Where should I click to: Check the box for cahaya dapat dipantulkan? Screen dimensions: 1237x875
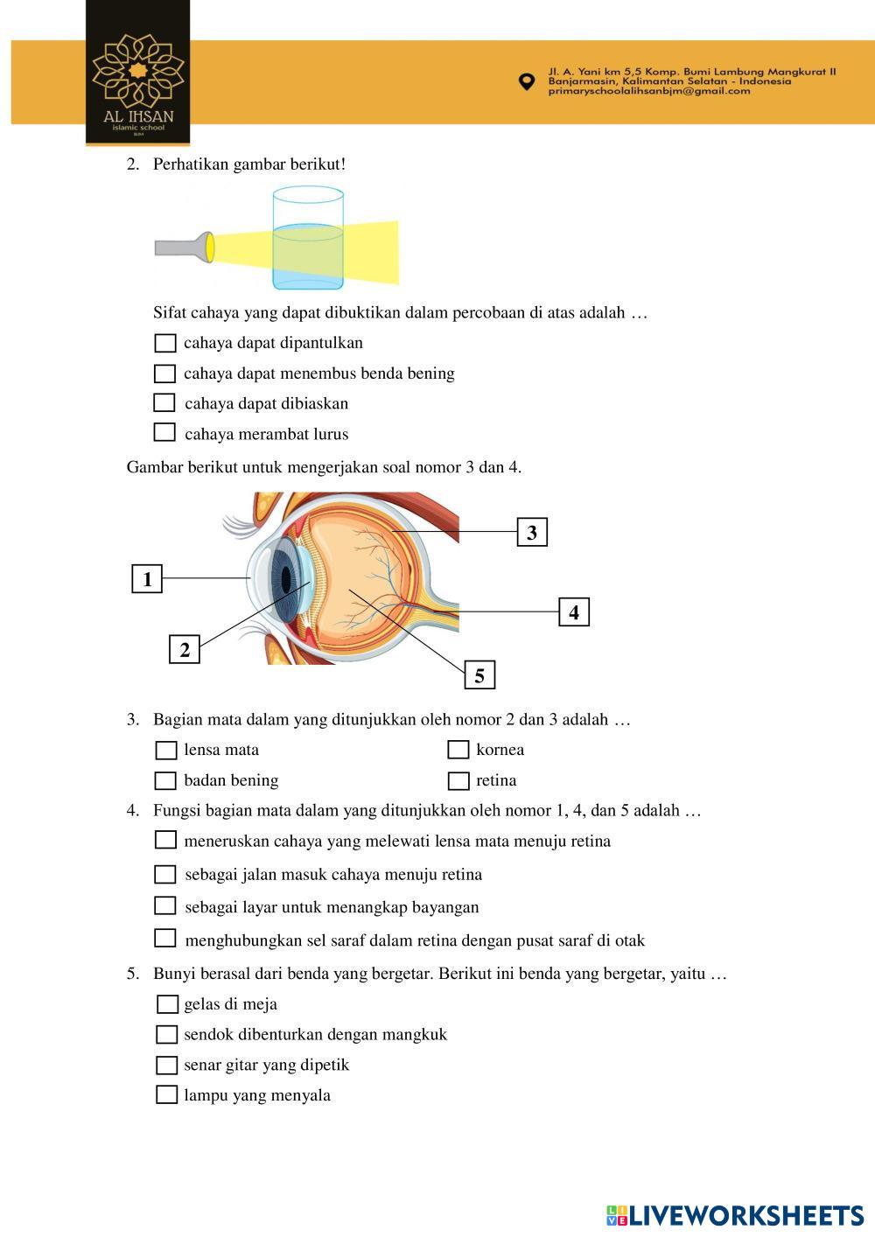164,343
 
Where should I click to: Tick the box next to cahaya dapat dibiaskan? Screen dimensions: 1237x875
164,403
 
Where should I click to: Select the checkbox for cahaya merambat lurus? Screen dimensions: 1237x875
164,432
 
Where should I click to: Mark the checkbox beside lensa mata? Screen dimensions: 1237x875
165,751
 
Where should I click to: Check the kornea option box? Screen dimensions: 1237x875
458,750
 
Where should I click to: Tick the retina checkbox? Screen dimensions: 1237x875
458,781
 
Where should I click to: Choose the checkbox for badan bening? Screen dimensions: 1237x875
165,780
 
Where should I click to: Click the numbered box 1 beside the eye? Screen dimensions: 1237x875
147,579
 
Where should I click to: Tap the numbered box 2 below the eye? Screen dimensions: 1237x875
184,650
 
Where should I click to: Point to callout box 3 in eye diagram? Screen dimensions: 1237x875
532,532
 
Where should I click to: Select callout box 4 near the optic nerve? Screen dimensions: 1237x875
574,612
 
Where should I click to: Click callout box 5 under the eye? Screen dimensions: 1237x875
479,675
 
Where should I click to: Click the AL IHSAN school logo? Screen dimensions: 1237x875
138,79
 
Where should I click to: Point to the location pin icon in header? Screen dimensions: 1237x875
526,81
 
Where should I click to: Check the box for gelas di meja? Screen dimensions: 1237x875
166,1004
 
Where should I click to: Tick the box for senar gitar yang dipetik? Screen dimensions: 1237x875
166,1066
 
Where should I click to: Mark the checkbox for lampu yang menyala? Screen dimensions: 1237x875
166,1094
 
